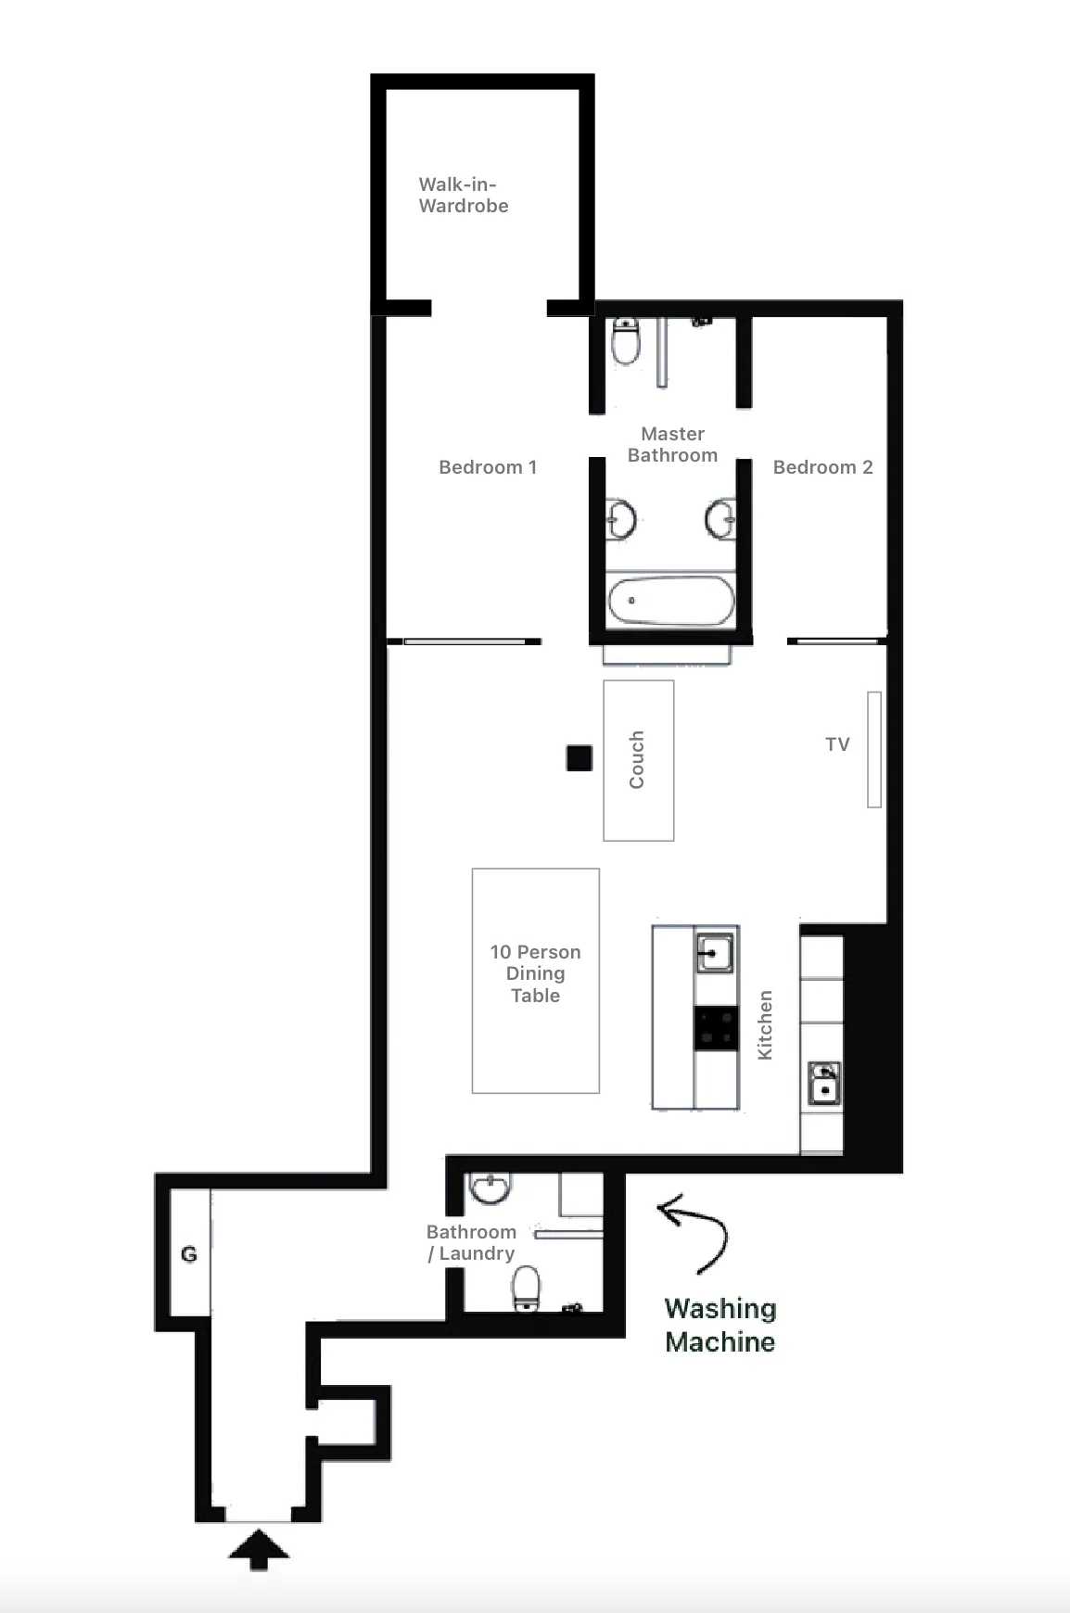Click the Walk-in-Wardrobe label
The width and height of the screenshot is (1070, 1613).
point(464,195)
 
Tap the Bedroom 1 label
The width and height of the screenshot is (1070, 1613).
point(488,467)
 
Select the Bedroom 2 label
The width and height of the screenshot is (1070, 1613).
point(823,467)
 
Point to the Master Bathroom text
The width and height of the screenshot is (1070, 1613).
point(673,444)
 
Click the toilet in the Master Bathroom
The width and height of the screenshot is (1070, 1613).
point(626,341)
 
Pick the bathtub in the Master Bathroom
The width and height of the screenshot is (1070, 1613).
point(670,601)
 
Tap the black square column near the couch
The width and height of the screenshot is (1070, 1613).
point(580,758)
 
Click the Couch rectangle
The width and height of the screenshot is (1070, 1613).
point(639,760)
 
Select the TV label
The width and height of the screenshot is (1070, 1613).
point(837,744)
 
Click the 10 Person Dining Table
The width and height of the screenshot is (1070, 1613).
point(536,981)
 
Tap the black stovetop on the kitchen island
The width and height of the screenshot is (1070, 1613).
point(716,1028)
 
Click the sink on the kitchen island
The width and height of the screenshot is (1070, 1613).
point(714,953)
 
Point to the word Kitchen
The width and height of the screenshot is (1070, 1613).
point(765,1025)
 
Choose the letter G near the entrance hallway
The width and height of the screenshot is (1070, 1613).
point(189,1254)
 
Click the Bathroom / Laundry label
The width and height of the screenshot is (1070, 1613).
point(471,1242)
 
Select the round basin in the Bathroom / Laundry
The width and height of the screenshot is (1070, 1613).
point(490,1188)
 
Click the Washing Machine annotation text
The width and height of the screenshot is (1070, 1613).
point(720,1326)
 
